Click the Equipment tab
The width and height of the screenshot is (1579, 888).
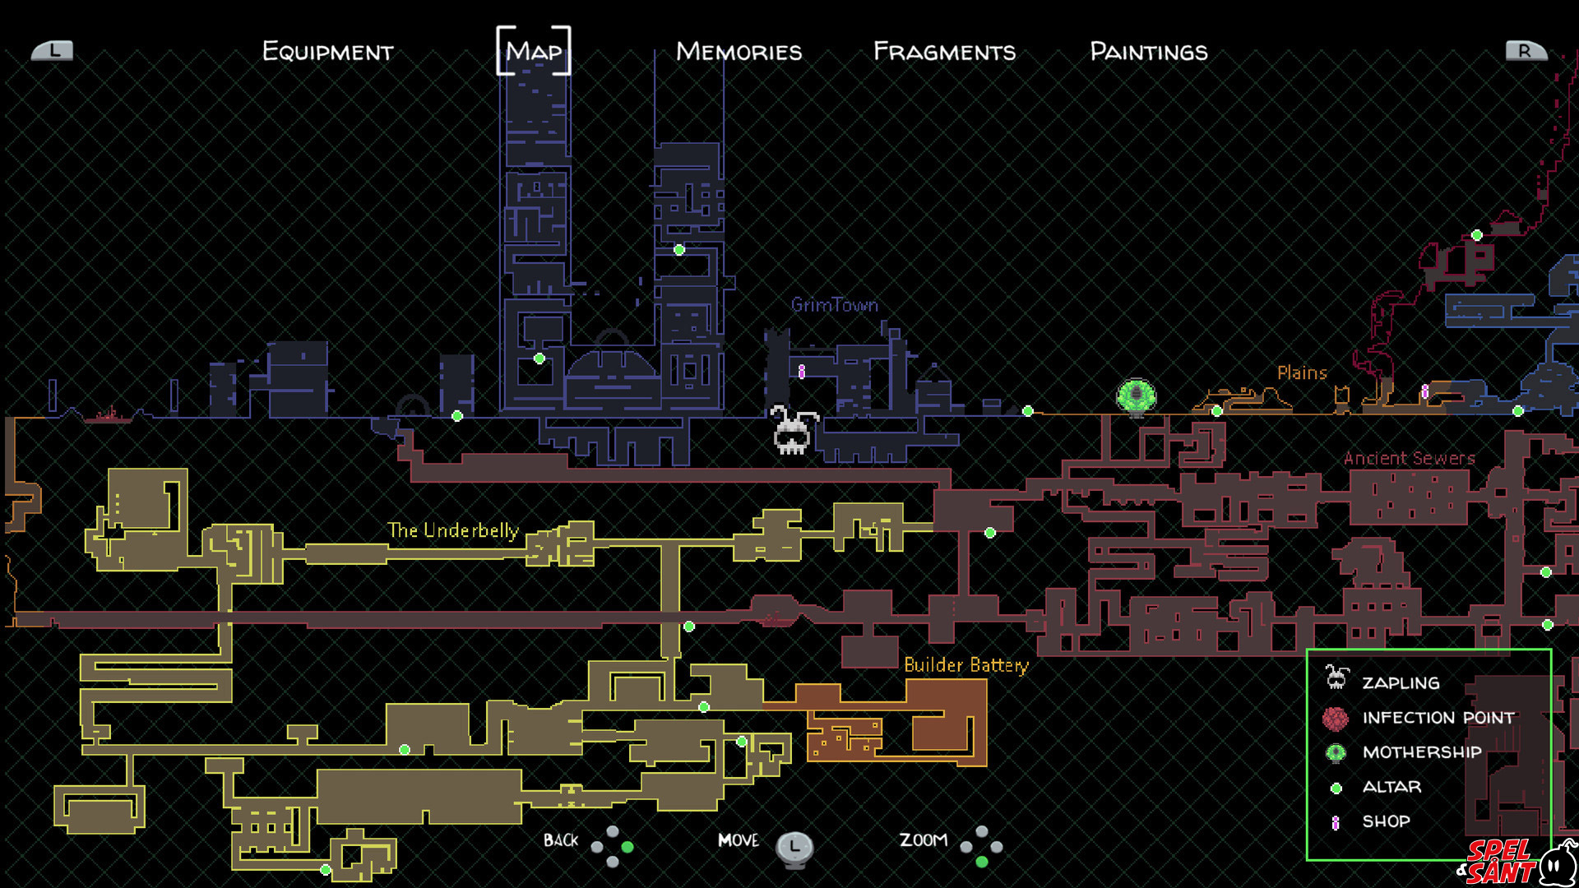coord(327,52)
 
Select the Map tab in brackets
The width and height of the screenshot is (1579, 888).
coord(534,52)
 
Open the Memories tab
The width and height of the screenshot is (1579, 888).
coord(739,52)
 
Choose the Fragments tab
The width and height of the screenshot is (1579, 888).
coord(944,52)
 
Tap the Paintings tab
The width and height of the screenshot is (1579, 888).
coord(1149,52)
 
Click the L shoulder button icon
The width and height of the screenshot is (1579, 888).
coord(53,51)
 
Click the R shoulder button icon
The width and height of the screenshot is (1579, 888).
coord(1526,51)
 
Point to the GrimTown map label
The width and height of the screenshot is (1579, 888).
coord(834,305)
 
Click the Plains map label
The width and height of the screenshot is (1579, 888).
coord(1302,372)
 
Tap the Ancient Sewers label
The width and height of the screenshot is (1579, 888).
coord(1409,458)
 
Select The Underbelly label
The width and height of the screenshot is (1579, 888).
coord(452,530)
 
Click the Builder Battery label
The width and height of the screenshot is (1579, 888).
coord(966,664)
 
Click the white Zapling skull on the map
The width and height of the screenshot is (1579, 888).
coord(792,431)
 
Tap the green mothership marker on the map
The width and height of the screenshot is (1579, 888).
coord(1137,396)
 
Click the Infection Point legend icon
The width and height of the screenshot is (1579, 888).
coord(1336,719)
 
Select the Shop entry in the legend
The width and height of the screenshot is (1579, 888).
coord(1386,821)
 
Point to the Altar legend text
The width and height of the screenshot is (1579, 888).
coord(1391,787)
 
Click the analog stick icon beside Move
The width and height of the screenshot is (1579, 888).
coord(794,847)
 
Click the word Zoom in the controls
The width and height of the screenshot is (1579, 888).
coord(923,840)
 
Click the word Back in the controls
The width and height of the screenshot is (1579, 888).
coord(561,840)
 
